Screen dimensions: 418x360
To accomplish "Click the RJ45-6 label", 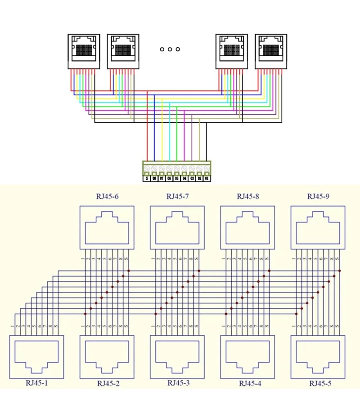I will (x=107, y=197).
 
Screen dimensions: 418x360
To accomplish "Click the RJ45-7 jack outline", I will (x=177, y=227).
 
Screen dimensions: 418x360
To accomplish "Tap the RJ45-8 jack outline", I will (x=247, y=227).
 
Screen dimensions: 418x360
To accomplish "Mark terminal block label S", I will (x=147, y=178).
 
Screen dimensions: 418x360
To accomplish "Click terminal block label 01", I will (x=207, y=178).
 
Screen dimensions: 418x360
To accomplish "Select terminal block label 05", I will (x=177, y=178).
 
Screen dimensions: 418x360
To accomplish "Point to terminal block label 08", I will (x=154, y=178).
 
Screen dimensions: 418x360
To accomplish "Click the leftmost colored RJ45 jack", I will (x=83, y=51).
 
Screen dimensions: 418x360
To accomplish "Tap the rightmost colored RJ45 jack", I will (x=270, y=51).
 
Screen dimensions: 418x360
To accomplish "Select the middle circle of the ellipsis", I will (x=170, y=49).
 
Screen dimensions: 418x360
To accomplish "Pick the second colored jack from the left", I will (x=122, y=51).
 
